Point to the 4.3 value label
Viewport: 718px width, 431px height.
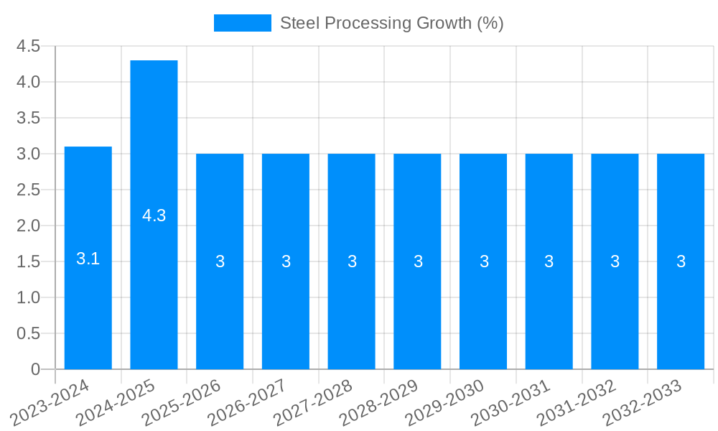click(x=154, y=215)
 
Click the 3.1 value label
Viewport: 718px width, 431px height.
click(x=88, y=259)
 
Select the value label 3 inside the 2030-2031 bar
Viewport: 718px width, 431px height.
click(x=549, y=261)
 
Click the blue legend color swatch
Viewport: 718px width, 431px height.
click(x=243, y=23)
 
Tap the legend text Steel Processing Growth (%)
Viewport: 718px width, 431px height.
click(x=391, y=23)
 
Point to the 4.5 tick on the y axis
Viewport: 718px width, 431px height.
click(x=28, y=47)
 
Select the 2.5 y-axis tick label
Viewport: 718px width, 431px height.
click(x=28, y=190)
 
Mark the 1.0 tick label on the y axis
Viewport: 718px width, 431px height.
click(x=28, y=297)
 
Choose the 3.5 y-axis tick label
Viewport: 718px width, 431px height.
click(x=28, y=118)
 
